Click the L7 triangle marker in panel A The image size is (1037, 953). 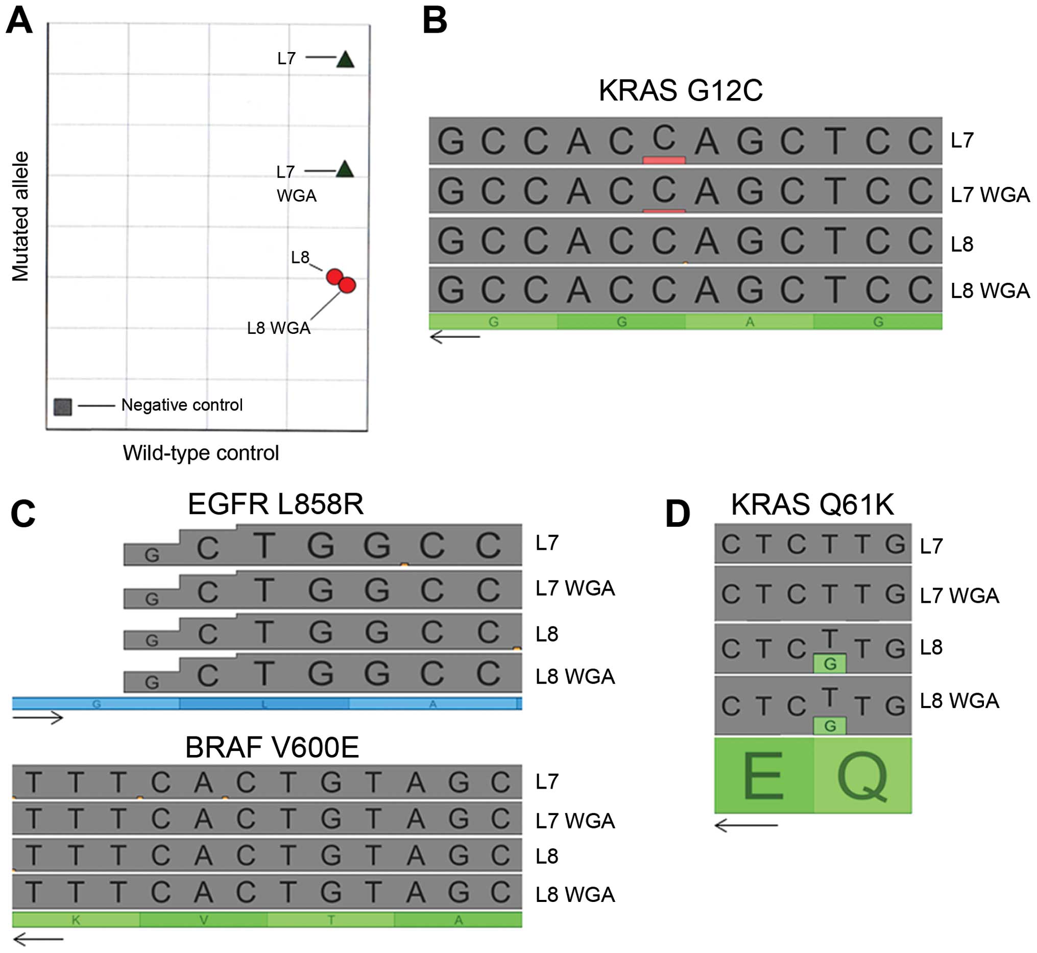click(x=345, y=60)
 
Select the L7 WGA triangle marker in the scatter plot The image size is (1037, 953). click(x=345, y=169)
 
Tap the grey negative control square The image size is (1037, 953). click(x=62, y=407)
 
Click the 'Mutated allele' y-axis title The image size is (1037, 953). click(x=20, y=216)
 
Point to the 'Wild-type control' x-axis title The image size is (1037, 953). click(x=201, y=453)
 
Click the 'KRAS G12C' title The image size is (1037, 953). click(x=680, y=91)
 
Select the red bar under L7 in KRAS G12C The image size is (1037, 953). click(x=663, y=160)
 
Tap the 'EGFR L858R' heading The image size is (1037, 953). click(x=276, y=504)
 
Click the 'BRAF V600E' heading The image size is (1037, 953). click(x=272, y=747)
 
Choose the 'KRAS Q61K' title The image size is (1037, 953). click(x=812, y=504)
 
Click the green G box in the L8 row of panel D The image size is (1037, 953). click(x=829, y=664)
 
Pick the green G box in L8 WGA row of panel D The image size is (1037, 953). click(x=829, y=726)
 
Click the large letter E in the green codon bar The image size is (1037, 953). click(x=763, y=776)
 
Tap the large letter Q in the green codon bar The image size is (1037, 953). click(x=861, y=776)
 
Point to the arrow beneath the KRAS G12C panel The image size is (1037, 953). click(x=454, y=337)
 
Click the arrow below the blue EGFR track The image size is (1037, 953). click(x=38, y=718)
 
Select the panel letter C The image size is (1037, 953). click(x=23, y=514)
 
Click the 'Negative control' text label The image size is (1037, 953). click(x=182, y=405)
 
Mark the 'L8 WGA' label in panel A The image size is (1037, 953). click(x=279, y=328)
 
